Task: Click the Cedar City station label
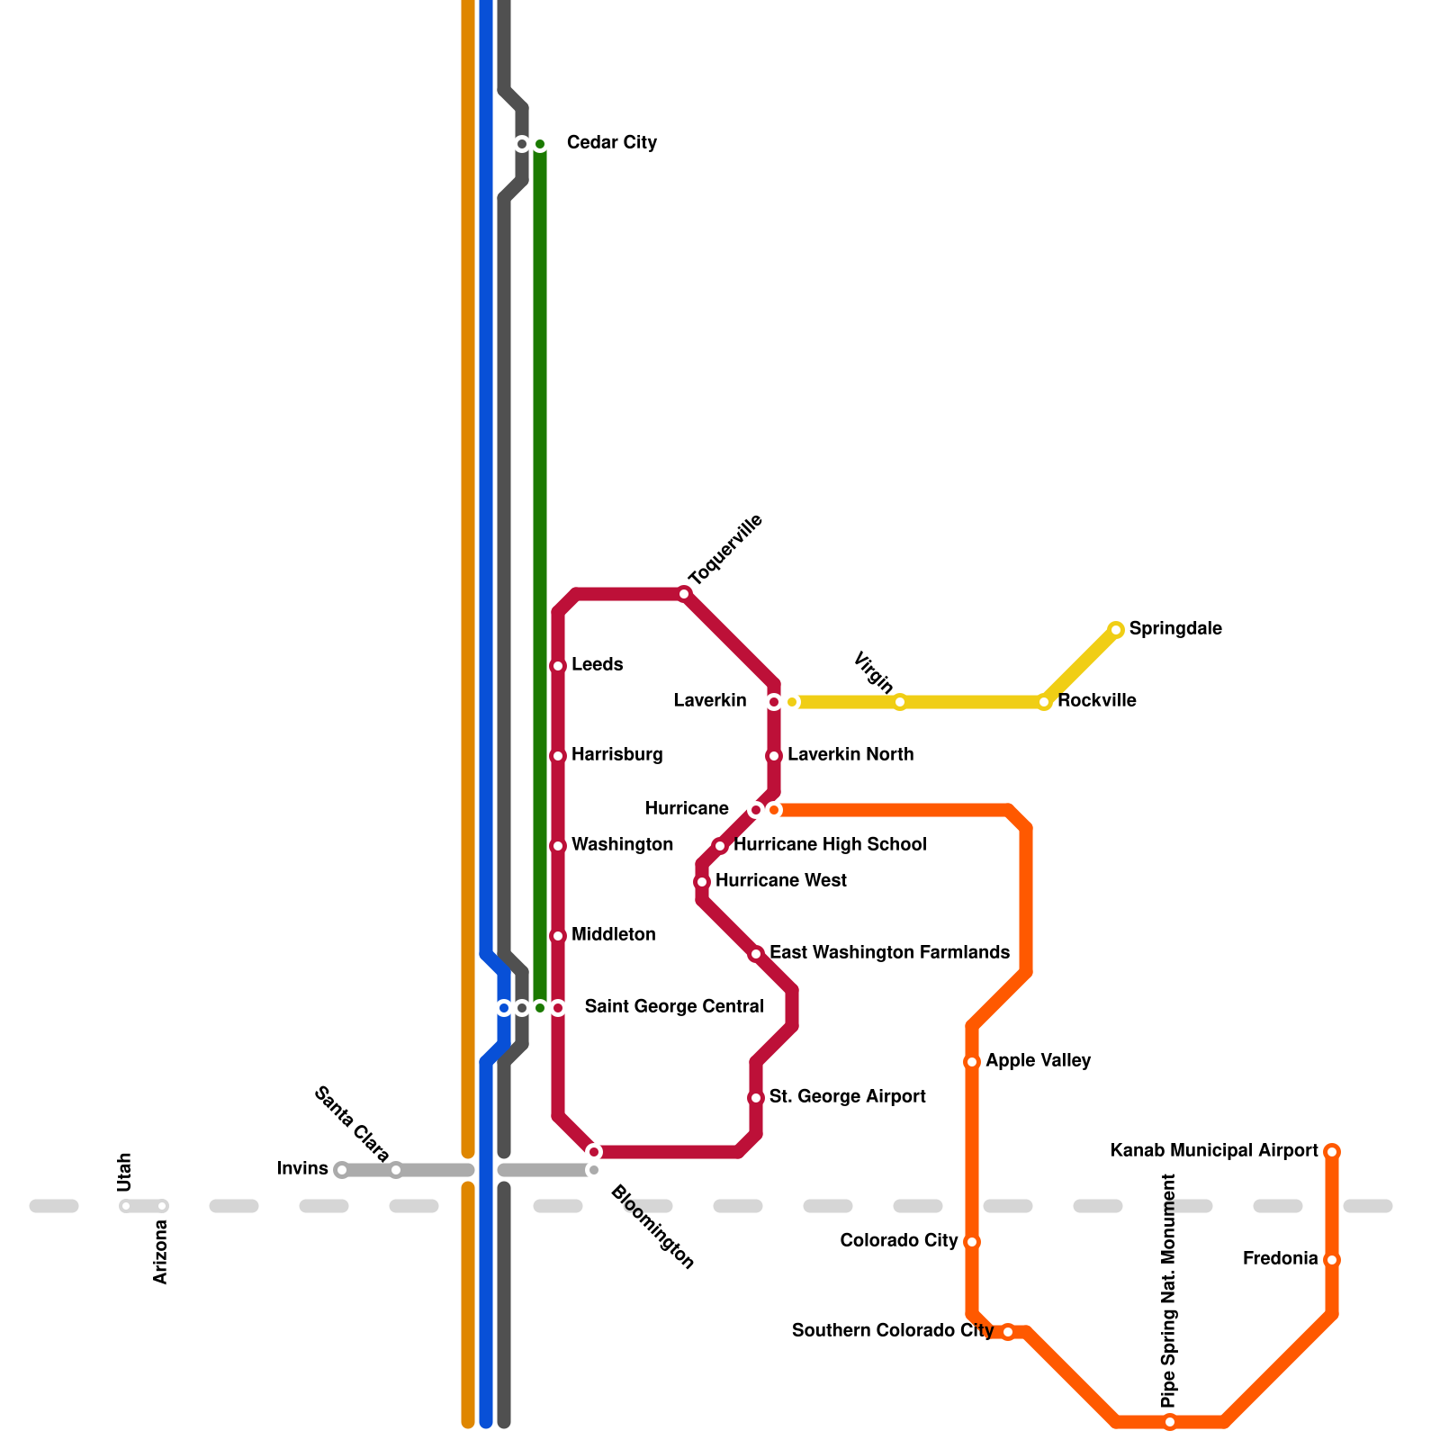[611, 143]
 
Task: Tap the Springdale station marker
[1116, 630]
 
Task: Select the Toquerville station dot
[684, 594]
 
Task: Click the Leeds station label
[597, 665]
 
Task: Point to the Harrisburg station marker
[558, 756]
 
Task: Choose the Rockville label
[1096, 701]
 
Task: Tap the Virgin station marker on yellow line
[900, 702]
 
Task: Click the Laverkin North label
[850, 755]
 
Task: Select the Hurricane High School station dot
[720, 846]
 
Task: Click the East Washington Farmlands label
[889, 953]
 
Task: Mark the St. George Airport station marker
[756, 1098]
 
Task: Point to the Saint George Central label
[673, 1007]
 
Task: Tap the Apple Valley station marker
[972, 1062]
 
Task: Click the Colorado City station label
[898, 1241]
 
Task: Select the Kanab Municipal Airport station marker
[1332, 1152]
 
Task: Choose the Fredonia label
[1280, 1259]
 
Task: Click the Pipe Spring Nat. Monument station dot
[1170, 1422]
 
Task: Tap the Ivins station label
[302, 1169]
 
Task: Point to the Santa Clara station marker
[396, 1170]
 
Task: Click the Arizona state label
[161, 1251]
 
